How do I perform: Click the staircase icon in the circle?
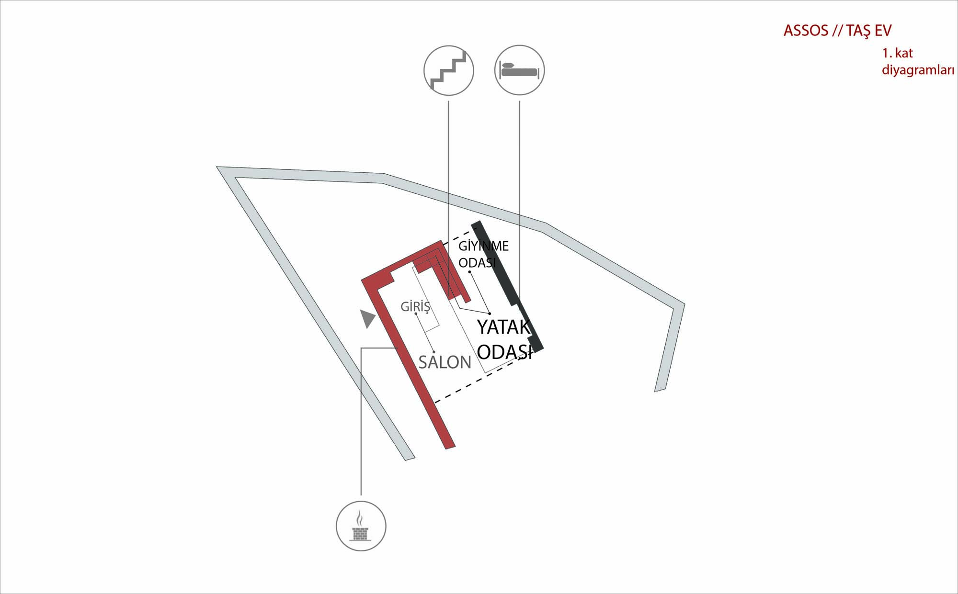pyautogui.click(x=449, y=70)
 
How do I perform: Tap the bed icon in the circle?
pyautogui.click(x=519, y=70)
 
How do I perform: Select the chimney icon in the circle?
pyautogui.click(x=361, y=526)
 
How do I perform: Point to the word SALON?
pyautogui.click(x=445, y=362)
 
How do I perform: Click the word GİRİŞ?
pyautogui.click(x=415, y=306)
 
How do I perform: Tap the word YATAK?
pyautogui.click(x=504, y=327)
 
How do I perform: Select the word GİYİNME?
pyautogui.click(x=483, y=246)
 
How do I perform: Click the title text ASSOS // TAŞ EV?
pyautogui.click(x=837, y=31)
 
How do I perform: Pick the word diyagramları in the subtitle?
pyautogui.click(x=918, y=70)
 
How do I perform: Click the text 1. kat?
pyautogui.click(x=897, y=53)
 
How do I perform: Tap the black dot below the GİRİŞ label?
pyautogui.click(x=416, y=314)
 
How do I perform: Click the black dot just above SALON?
pyautogui.click(x=433, y=352)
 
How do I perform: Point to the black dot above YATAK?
pyautogui.click(x=490, y=314)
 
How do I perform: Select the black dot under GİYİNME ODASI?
pyautogui.click(x=469, y=272)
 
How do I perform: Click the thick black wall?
pyautogui.click(x=507, y=286)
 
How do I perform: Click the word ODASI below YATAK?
pyautogui.click(x=505, y=352)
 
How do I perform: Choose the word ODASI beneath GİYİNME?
pyautogui.click(x=477, y=263)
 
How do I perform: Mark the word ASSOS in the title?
pyautogui.click(x=806, y=31)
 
